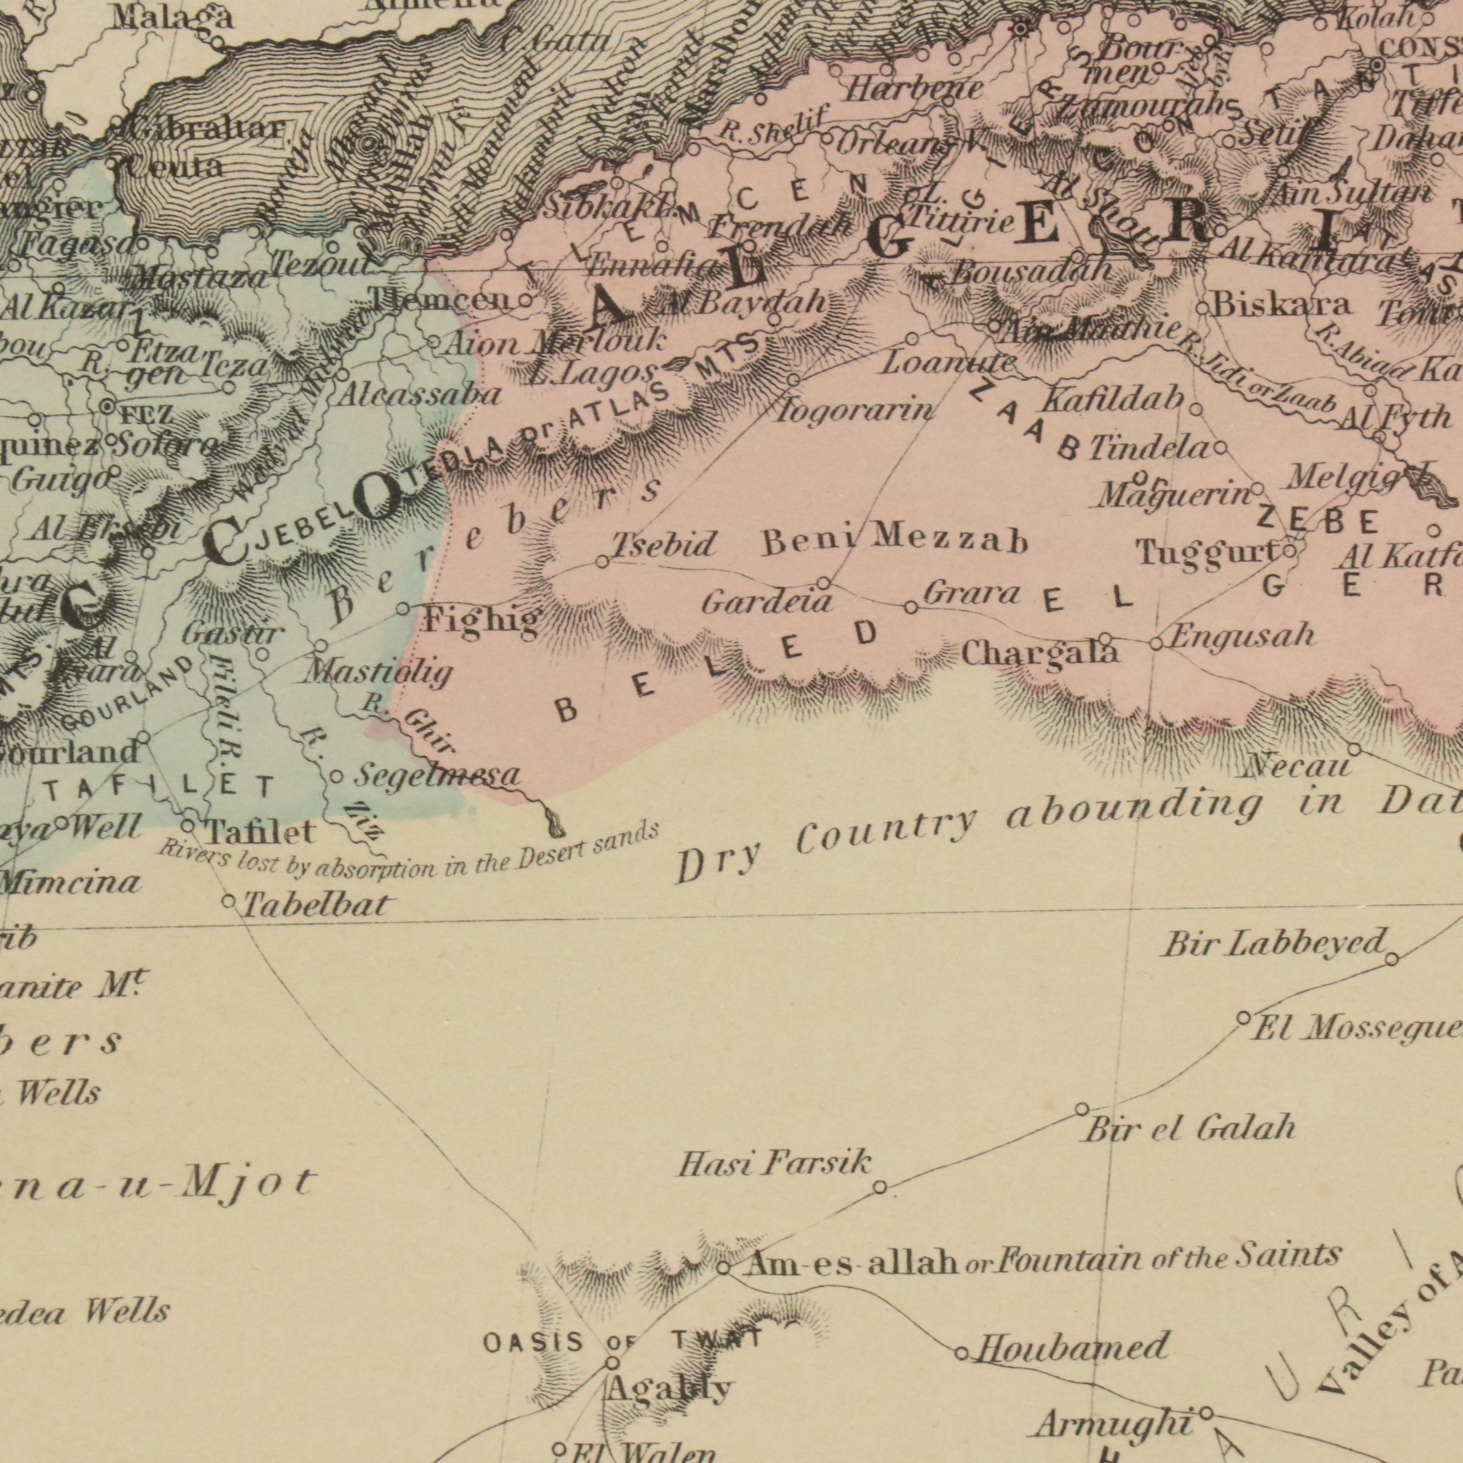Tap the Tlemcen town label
click(x=441, y=301)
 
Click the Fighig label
click(x=481, y=620)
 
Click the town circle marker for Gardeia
click(x=825, y=583)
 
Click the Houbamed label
click(x=1071, y=1347)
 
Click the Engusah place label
click(x=1242, y=635)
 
